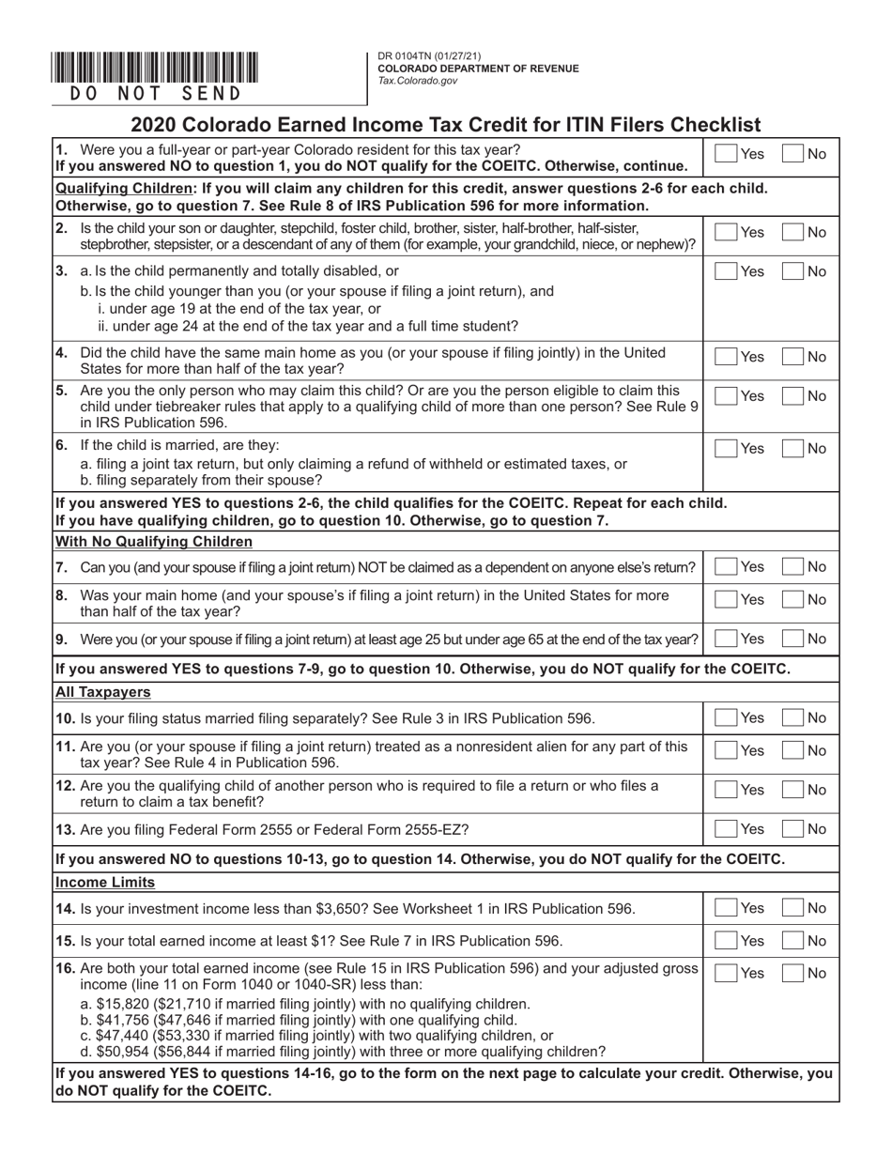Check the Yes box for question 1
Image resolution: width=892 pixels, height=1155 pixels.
click(726, 154)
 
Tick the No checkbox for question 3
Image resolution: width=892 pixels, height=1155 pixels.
click(793, 272)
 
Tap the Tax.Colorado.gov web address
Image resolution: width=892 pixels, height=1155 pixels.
click(418, 81)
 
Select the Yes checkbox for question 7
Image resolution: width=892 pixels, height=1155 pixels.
click(726, 567)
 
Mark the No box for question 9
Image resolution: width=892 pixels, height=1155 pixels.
click(793, 639)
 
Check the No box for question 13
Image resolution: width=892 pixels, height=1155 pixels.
click(793, 829)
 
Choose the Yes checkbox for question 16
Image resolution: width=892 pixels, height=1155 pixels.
click(726, 974)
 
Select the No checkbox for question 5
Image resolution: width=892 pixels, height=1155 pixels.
click(793, 397)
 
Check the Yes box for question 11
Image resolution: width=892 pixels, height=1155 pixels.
click(726, 751)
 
